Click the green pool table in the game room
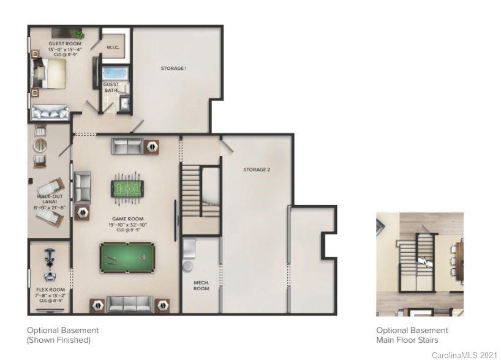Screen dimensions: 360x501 click(127, 258)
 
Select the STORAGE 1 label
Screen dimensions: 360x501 click(173, 68)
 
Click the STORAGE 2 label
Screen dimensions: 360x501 click(256, 170)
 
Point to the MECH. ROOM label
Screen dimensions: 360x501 click(202, 285)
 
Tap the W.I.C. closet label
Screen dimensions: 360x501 click(112, 47)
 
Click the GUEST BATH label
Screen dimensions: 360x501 click(111, 88)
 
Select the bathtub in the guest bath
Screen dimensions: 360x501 click(115, 74)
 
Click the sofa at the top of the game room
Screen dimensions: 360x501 click(127, 146)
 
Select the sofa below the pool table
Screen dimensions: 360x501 click(129, 304)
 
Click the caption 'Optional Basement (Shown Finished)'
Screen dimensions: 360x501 click(62, 335)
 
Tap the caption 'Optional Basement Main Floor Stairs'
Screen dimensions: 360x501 click(412, 335)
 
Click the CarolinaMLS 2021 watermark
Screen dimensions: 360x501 click(464, 354)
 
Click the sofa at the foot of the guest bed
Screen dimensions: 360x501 click(50, 112)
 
